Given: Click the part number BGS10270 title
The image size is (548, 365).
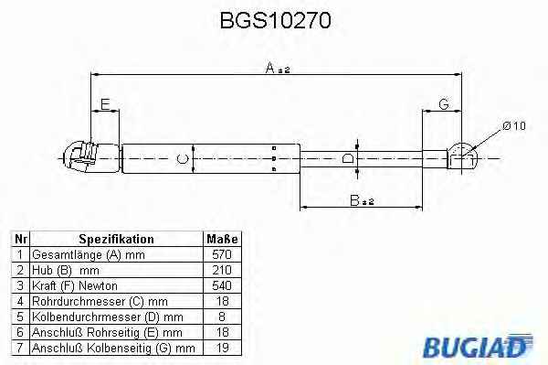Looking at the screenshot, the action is pos(276,20).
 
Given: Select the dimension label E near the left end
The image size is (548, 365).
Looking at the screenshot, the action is pos(105,104).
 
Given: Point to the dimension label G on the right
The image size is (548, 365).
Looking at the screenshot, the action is pos(444,104).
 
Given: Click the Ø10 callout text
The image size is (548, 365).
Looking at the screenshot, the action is pos(514,125).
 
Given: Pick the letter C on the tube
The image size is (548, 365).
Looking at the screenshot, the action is pos(182,159).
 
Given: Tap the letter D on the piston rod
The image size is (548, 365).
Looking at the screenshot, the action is pos(348,158).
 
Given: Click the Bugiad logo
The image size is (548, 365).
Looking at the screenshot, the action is pos(478,346).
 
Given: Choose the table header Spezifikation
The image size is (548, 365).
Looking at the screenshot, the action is pos(116,239).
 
